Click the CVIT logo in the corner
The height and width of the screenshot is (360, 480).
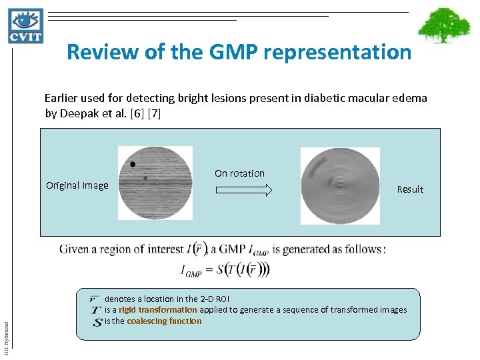25,25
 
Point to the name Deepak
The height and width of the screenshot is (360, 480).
79,113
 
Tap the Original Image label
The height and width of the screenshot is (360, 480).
77,185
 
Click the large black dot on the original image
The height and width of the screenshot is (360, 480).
133,164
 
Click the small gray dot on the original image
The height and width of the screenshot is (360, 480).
145,178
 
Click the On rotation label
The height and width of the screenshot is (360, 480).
239,173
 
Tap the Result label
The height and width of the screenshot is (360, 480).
410,189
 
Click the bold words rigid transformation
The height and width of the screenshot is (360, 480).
158,309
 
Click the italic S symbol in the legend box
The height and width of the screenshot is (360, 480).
97,321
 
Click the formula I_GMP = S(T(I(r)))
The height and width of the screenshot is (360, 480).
225,270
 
